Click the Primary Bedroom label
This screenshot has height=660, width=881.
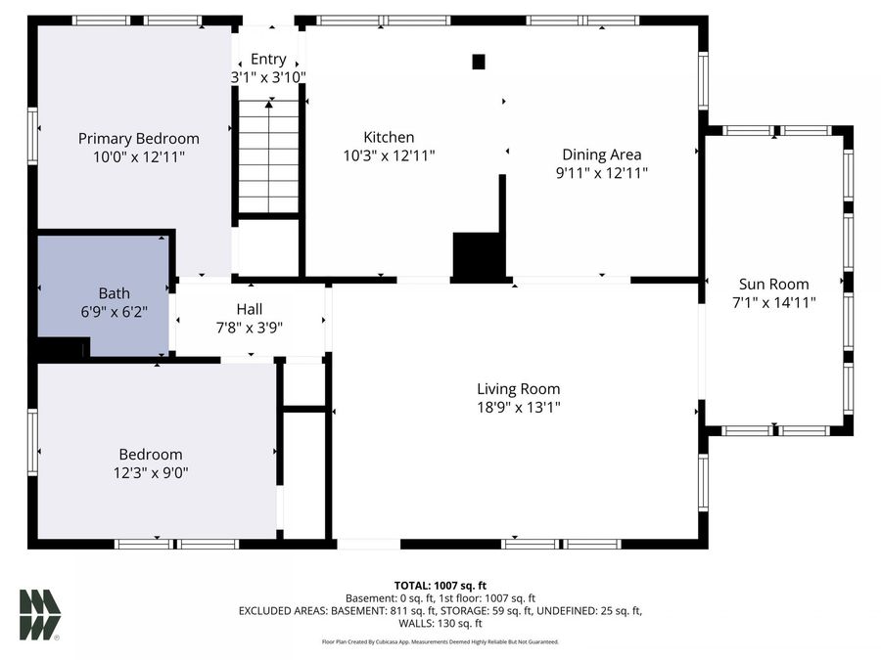pyautogui.click(x=138, y=138)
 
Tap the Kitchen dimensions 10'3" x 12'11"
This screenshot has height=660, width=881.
pyautogui.click(x=389, y=154)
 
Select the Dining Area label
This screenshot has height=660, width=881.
pyautogui.click(x=601, y=154)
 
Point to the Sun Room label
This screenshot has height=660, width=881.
pyautogui.click(x=773, y=285)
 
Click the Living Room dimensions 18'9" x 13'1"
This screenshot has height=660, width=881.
pyautogui.click(x=518, y=407)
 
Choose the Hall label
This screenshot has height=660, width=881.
pyautogui.click(x=250, y=309)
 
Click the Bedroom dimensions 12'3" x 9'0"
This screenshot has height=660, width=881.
pyautogui.click(x=151, y=472)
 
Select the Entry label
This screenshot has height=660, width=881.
pyautogui.click(x=268, y=60)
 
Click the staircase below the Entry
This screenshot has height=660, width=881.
pyautogui.click(x=268, y=156)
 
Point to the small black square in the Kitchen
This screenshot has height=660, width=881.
pyautogui.click(x=479, y=62)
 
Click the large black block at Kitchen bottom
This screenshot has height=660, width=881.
pyautogui.click(x=477, y=256)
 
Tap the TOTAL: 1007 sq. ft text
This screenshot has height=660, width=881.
pyautogui.click(x=440, y=584)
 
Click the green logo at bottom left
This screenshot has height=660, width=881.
pyautogui.click(x=40, y=615)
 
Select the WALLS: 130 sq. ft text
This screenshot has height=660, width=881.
pyautogui.click(x=440, y=623)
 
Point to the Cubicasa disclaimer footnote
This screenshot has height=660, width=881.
pyautogui.click(x=440, y=641)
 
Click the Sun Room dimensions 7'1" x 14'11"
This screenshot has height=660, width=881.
pyautogui.click(x=773, y=302)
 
